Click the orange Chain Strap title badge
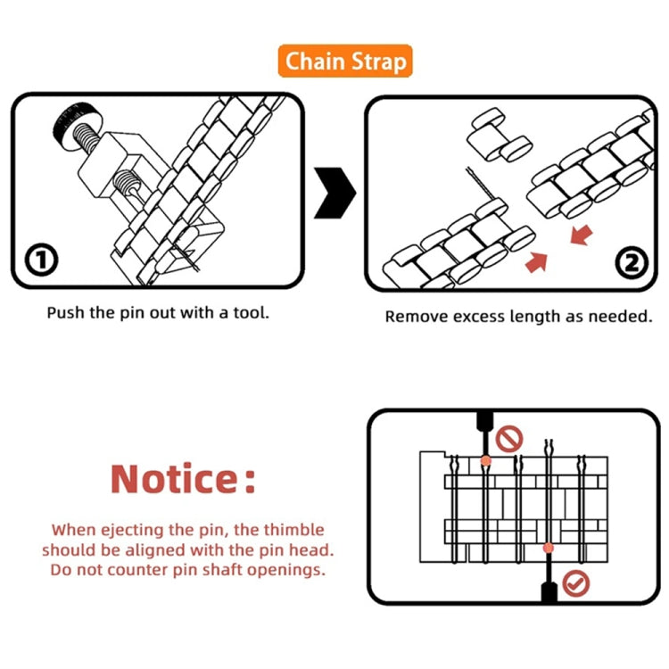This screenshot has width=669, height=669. point(344,62)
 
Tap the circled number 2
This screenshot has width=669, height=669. point(631,263)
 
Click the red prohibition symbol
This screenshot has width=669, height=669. point(509,438)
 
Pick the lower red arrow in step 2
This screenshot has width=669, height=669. point(538,263)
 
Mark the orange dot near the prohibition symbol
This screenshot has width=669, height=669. point(485,461)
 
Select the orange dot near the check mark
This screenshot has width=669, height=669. point(548,548)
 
